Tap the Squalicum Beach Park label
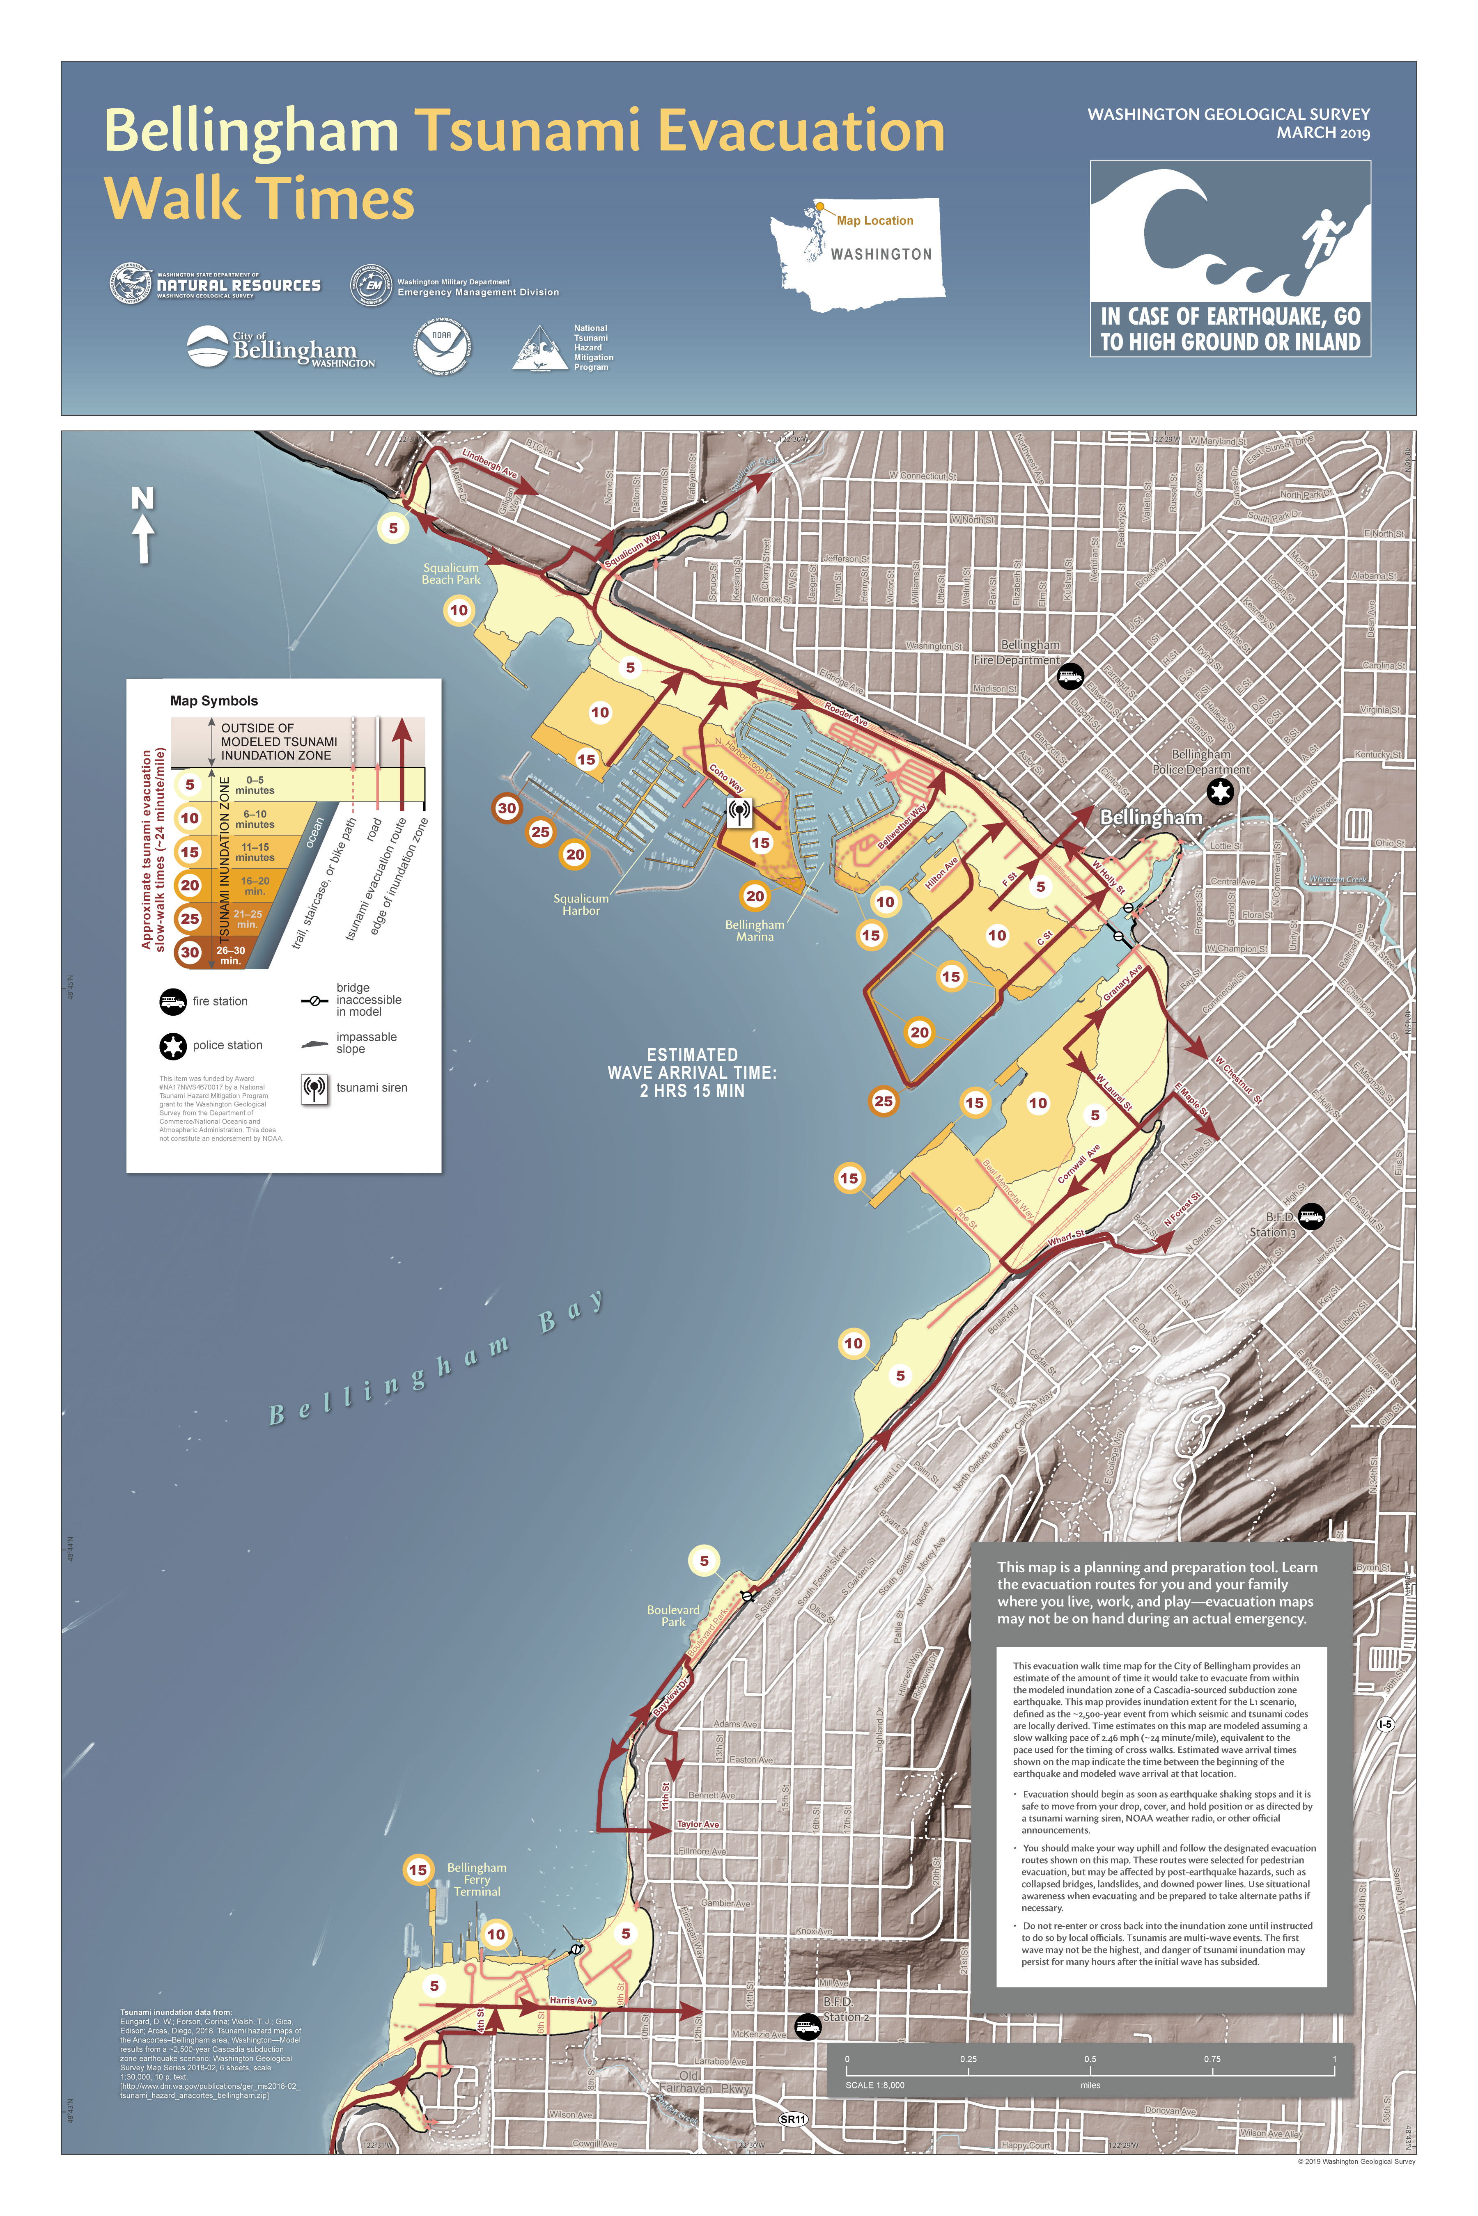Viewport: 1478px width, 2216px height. point(450,574)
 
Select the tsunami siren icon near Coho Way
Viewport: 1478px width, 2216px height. point(740,811)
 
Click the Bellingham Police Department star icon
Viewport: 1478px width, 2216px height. point(1220,792)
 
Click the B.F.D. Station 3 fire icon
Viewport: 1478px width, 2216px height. point(1311,1216)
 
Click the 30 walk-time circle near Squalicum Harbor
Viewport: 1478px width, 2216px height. point(507,808)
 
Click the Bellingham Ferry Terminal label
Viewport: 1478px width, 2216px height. point(477,1879)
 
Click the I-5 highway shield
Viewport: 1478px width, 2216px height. point(1385,1724)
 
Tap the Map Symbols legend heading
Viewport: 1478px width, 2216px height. point(214,701)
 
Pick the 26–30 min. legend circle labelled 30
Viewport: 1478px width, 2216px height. point(190,952)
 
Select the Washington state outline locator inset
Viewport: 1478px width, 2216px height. point(858,254)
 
